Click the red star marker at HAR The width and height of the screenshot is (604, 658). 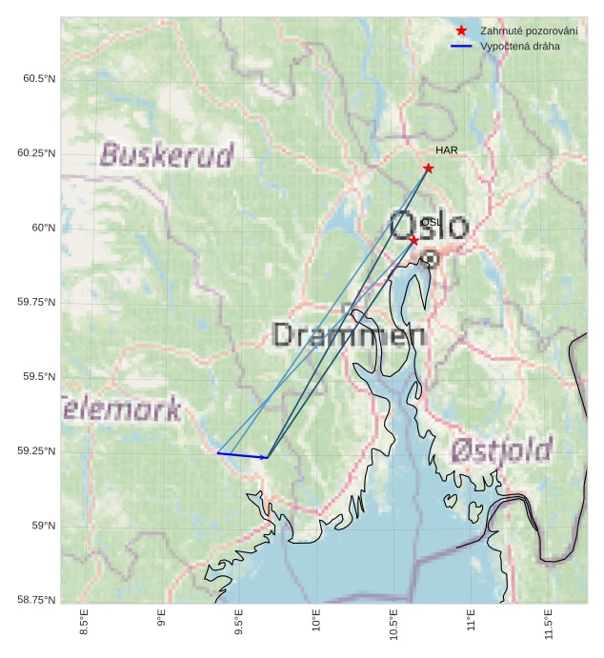coord(429,169)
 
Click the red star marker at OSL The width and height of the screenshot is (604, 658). coord(413,241)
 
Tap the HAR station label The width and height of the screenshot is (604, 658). coord(447,150)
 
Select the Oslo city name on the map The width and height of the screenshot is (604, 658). coord(429,227)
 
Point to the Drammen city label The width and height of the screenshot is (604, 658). coord(349,335)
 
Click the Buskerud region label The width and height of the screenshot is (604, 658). coord(167,155)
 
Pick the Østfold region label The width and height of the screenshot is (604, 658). coord(502,449)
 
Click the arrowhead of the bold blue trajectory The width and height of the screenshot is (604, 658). coord(266,458)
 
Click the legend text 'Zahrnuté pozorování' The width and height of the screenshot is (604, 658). coord(529,30)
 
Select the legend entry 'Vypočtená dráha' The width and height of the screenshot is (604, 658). coord(520,46)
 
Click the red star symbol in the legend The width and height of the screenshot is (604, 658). coord(462,30)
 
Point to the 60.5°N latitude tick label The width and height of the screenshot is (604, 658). coord(39,78)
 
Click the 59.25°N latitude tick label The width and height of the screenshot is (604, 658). coord(37,451)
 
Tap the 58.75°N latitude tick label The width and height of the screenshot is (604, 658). coord(37,600)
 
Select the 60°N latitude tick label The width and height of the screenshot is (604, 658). coord(43,228)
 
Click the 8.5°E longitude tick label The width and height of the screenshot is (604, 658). coord(84,629)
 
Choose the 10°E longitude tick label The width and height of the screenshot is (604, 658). coord(316,628)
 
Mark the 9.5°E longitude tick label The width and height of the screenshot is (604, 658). coord(239,629)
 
